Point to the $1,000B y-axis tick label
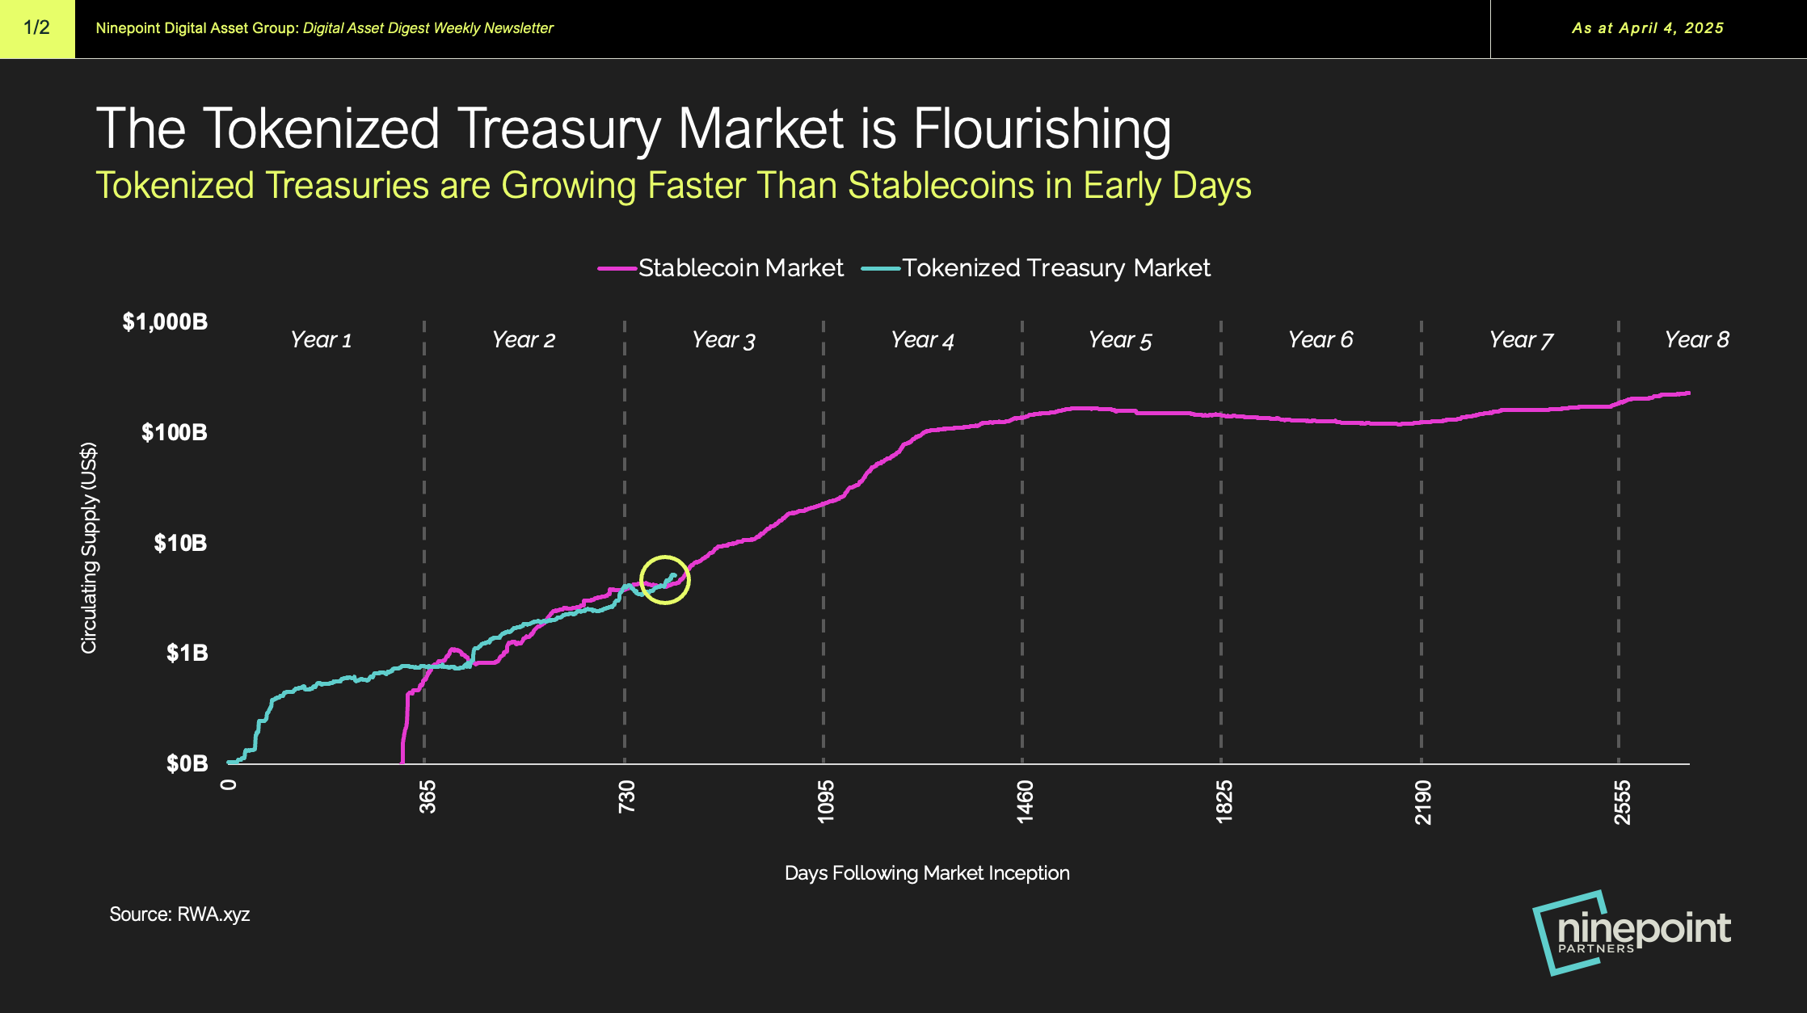(x=165, y=322)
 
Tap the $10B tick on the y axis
(x=180, y=543)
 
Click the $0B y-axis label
(x=187, y=763)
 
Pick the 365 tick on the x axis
(x=428, y=797)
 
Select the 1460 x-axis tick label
(x=1024, y=801)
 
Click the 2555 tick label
(x=1621, y=801)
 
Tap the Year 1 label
(x=321, y=340)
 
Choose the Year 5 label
(x=1119, y=340)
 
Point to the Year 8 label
(x=1696, y=340)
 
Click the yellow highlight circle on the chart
(x=664, y=580)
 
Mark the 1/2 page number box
(x=37, y=28)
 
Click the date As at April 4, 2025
(x=1647, y=28)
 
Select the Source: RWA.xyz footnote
(x=179, y=914)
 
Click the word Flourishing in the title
(x=1042, y=129)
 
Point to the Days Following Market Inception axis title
(x=927, y=873)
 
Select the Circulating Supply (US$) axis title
(x=89, y=548)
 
